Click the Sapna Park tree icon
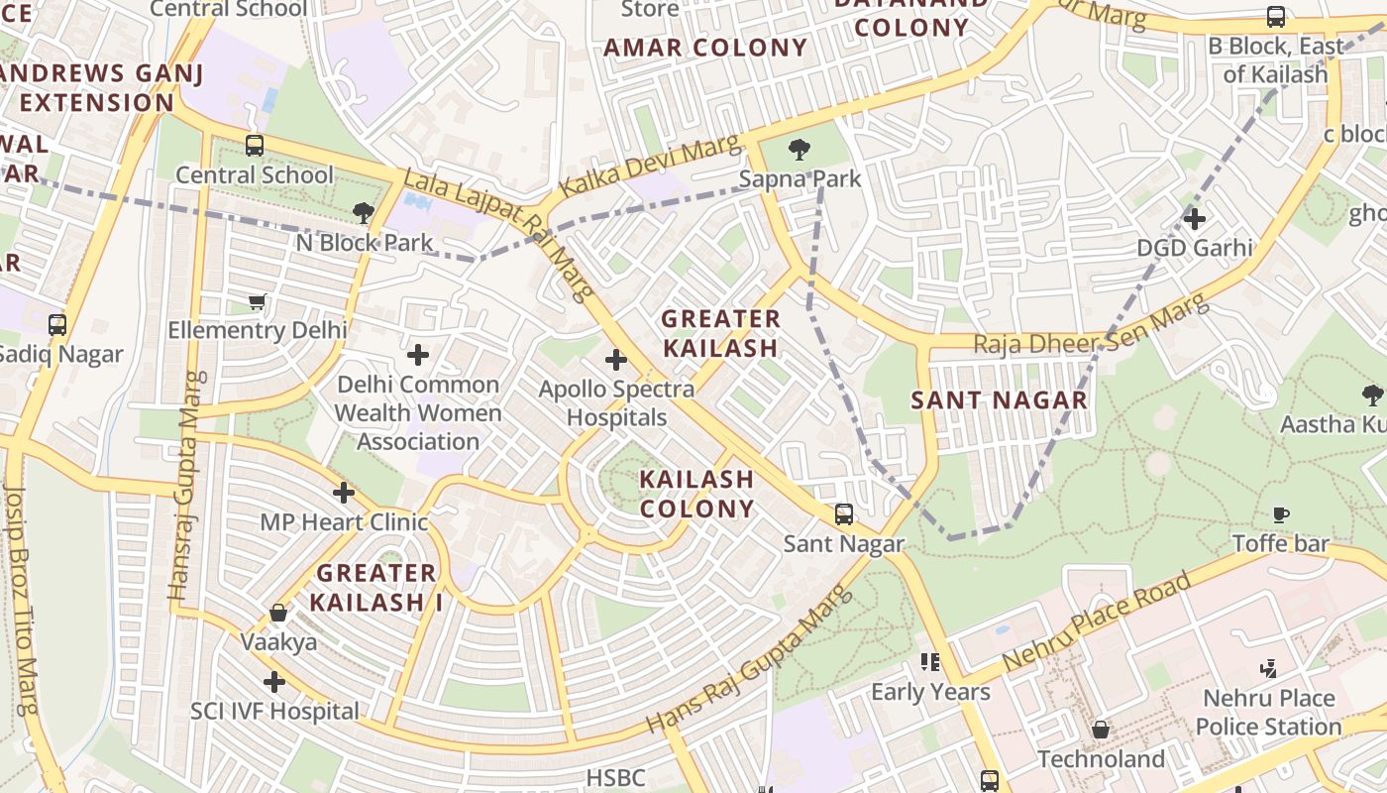799,150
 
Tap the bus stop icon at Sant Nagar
843,513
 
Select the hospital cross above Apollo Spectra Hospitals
616,359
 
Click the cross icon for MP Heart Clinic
344,492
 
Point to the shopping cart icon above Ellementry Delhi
258,301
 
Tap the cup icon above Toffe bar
1281,514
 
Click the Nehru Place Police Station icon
1268,668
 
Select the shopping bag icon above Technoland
1100,731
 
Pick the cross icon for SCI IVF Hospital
274,682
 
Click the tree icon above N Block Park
364,212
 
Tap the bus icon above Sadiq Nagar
57,324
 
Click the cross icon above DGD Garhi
1195,218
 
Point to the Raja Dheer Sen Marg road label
1090,327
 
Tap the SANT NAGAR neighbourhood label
999,400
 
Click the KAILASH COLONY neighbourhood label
696,494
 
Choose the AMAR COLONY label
705,48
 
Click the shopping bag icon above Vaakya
278,613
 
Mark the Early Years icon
929,661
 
